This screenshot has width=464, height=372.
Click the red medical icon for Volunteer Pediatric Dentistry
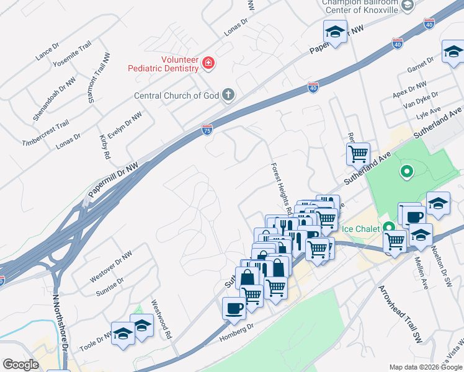(208, 62)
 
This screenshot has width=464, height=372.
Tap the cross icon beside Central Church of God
(228, 95)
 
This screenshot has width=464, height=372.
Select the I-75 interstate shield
(207, 129)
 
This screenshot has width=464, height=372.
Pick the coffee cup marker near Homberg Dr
(234, 308)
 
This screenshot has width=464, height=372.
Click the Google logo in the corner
(20, 365)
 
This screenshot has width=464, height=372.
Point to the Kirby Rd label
(104, 146)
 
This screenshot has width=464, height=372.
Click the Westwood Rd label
(161, 320)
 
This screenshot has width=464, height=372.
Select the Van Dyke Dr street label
(421, 99)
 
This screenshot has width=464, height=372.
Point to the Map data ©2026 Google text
(425, 367)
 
